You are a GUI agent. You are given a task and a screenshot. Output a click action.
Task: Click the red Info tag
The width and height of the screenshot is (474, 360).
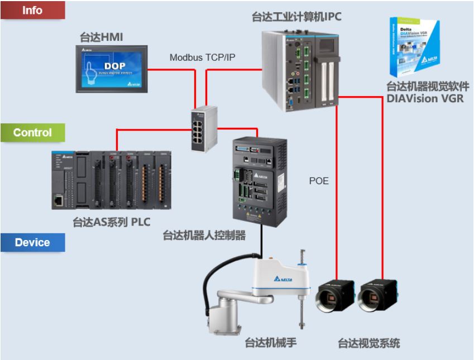[x=32, y=10]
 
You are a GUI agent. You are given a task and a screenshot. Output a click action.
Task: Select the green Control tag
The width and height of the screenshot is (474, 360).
[x=32, y=133]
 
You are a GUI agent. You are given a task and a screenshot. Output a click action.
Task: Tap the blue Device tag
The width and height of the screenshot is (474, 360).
[x=32, y=243]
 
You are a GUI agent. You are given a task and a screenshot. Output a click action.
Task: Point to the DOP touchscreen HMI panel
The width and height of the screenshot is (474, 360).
[x=117, y=69]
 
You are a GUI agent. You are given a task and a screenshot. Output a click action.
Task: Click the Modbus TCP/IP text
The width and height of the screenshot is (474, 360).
[x=198, y=57]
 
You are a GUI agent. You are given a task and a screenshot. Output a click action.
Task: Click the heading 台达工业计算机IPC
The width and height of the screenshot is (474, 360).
[x=296, y=17]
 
